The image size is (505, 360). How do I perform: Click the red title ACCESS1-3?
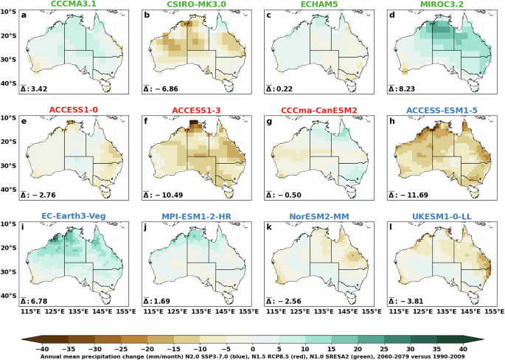pyautogui.click(x=184, y=111)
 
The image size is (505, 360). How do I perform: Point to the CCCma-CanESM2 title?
pyautogui.click(x=305, y=111)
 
